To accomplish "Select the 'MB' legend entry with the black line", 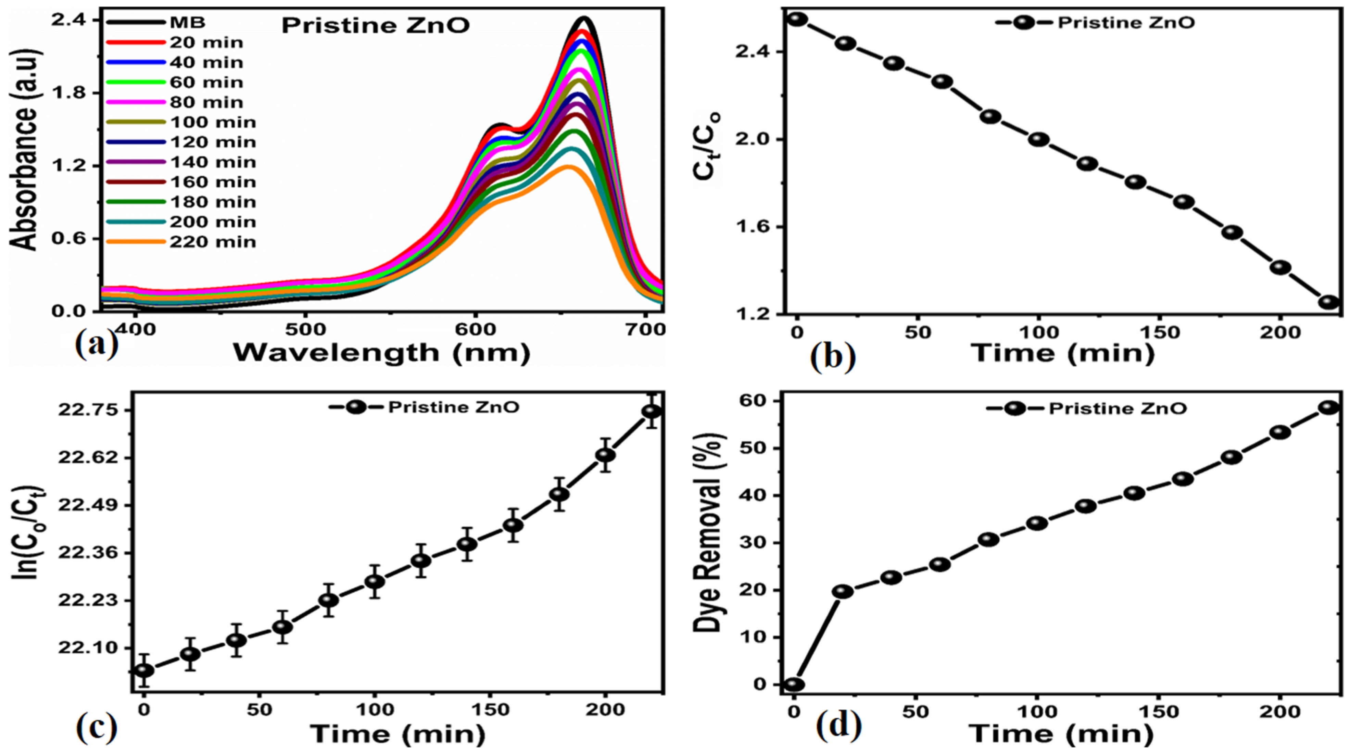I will [187, 23].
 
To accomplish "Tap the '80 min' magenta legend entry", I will [206, 102].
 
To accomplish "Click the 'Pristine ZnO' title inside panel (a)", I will [376, 26].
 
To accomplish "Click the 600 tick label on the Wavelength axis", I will [475, 329].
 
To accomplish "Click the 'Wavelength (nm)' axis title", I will [381, 353].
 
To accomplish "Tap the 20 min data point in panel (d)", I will [843, 592].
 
